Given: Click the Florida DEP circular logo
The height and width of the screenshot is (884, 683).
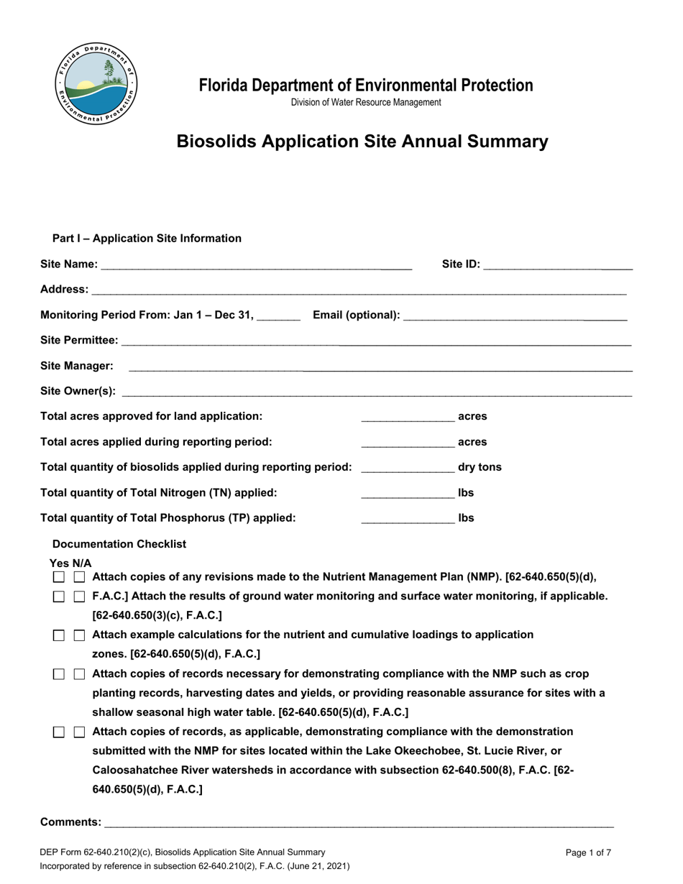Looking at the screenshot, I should click(x=96, y=83).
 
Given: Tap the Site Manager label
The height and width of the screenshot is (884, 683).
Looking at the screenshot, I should click(x=77, y=366).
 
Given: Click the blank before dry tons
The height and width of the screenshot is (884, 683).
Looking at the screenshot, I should click(x=408, y=467).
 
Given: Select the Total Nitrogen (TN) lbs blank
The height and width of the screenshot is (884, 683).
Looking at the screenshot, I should click(x=408, y=493).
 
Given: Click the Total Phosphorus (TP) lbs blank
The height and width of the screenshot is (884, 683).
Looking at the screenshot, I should click(x=408, y=518).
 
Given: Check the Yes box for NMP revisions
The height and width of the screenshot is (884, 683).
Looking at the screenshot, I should click(x=60, y=577).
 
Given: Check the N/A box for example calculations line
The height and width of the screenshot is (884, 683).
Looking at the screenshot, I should click(x=80, y=635).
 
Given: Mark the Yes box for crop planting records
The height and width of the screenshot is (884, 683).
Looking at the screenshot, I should click(x=60, y=674).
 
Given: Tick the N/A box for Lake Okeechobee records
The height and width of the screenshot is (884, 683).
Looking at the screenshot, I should click(x=80, y=732).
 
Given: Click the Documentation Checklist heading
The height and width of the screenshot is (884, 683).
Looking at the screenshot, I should click(x=119, y=544).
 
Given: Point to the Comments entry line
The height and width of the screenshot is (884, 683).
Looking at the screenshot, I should click(x=358, y=822).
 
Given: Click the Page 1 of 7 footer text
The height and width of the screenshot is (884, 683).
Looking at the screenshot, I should click(x=588, y=853).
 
